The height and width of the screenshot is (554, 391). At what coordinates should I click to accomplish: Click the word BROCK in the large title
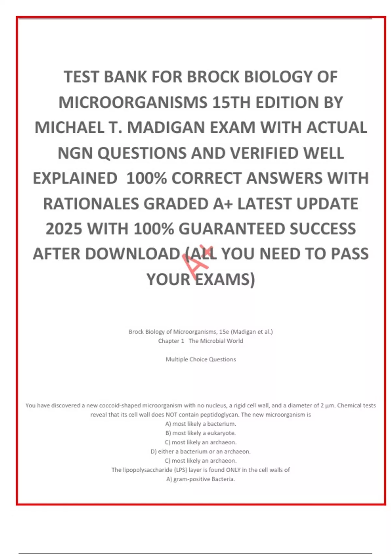(x=213, y=77)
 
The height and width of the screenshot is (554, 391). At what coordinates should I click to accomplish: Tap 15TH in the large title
(x=231, y=103)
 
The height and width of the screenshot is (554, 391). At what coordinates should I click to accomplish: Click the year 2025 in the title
(x=64, y=229)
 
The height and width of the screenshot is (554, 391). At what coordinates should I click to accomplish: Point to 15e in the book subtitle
(x=224, y=332)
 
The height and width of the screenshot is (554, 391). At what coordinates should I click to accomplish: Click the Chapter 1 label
(x=171, y=341)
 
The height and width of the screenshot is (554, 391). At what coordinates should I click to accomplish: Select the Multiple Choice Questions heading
(x=201, y=359)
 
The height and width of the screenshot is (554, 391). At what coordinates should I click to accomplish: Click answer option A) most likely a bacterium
(x=201, y=424)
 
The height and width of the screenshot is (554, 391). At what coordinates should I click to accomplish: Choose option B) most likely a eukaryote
(x=201, y=433)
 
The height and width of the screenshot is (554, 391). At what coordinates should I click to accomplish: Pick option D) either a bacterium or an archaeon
(x=201, y=452)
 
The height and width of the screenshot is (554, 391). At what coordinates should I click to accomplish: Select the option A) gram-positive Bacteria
(x=201, y=479)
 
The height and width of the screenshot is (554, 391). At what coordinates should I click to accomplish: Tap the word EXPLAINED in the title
(x=75, y=179)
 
